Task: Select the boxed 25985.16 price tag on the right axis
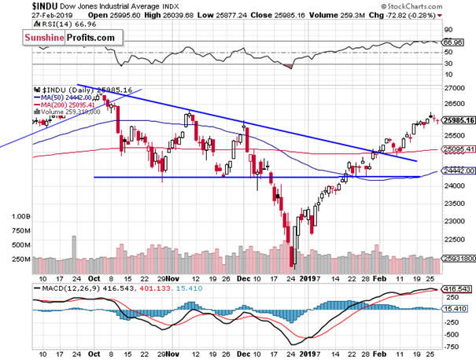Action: click(x=457, y=121)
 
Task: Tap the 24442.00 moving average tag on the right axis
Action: click(x=457, y=171)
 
